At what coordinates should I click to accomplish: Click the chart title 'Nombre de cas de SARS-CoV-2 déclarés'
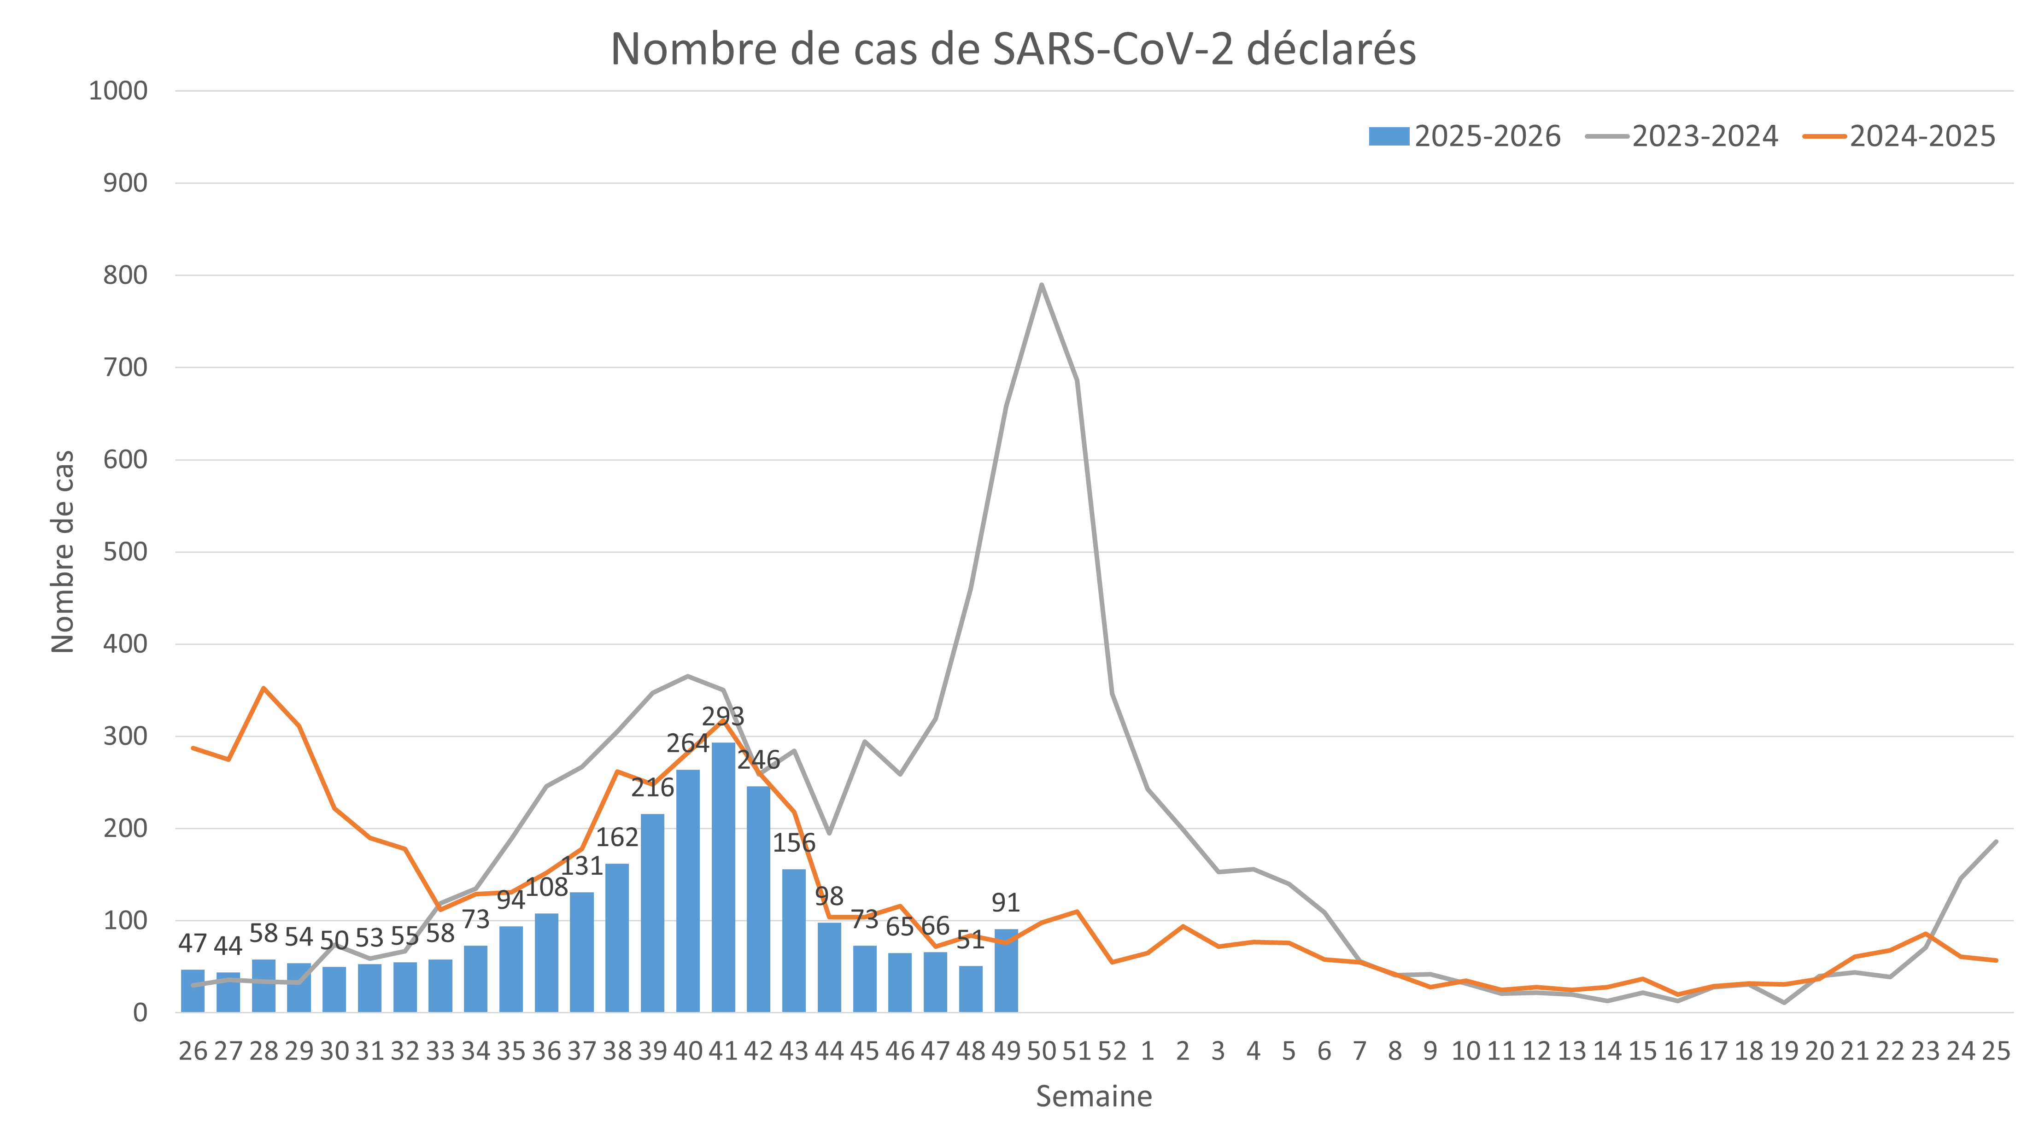1013,49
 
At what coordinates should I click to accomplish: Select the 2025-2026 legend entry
1465,136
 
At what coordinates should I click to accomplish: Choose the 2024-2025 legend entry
1900,136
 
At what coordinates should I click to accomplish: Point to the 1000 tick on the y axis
118,91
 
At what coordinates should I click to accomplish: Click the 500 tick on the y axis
125,552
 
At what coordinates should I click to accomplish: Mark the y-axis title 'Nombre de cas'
62,551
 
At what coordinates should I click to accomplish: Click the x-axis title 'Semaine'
1094,1096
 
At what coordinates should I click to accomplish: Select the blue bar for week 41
723,877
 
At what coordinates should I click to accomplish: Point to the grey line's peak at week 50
1042,284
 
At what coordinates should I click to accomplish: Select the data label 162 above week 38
617,838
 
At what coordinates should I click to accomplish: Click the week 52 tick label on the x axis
1112,1051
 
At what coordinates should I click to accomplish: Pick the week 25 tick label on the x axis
1996,1051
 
